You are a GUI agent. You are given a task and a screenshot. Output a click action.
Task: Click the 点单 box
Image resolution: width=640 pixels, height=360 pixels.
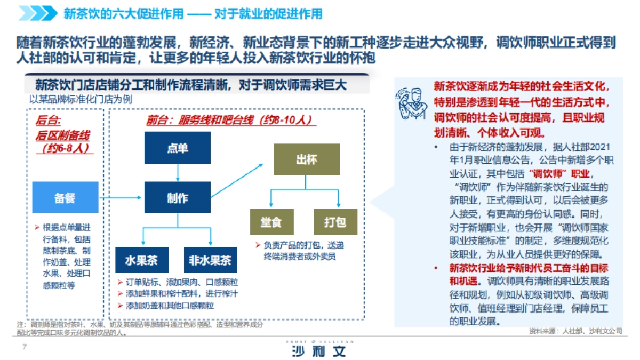[x=177, y=148]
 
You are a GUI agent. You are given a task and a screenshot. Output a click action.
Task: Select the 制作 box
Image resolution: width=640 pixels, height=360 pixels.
[x=177, y=198]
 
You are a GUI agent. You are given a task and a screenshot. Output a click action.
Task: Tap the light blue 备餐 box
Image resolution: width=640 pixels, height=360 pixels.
[x=65, y=198]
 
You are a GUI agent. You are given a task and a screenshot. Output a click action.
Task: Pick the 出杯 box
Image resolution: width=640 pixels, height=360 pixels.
[x=306, y=159]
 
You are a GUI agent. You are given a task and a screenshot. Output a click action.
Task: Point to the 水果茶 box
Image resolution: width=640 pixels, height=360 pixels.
[x=142, y=261]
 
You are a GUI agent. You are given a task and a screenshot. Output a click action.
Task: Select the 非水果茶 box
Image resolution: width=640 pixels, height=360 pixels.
[x=210, y=261]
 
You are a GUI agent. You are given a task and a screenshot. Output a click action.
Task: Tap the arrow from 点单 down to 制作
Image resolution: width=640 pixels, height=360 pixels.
[x=177, y=172]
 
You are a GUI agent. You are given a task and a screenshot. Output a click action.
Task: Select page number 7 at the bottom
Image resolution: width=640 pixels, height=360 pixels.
[x=23, y=347]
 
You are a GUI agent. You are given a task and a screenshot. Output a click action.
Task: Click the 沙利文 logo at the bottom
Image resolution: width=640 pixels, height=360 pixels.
[x=319, y=350]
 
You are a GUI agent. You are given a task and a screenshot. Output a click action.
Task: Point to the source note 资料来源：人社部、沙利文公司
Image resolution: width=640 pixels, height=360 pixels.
[x=575, y=331]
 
